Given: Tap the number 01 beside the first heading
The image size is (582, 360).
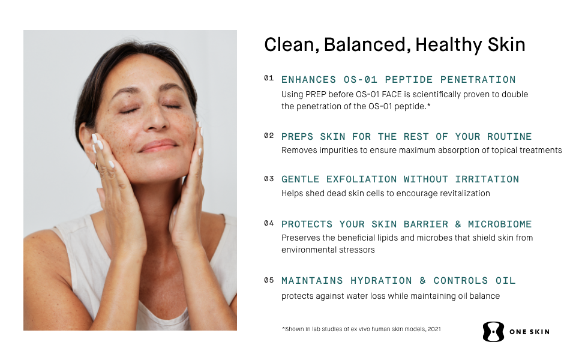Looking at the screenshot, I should coord(269,78).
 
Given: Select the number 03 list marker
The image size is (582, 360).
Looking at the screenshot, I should coord(269,179).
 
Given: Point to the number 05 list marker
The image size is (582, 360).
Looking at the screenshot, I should coord(269,280).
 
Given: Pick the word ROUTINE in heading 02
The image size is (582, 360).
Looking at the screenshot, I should coord(509,137).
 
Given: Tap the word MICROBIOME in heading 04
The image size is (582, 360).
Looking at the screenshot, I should coord(500,224).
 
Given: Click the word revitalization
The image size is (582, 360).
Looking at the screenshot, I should coord(463,194).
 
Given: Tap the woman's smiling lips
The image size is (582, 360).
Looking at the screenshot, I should coord(158,145).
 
